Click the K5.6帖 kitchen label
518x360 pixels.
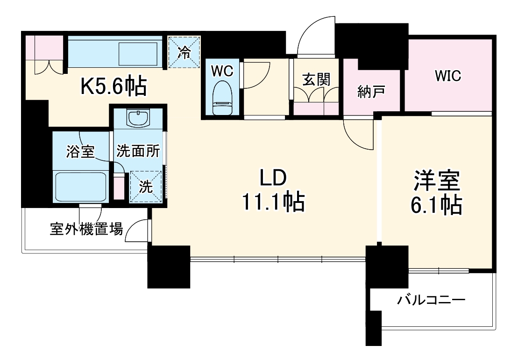pos(114,86)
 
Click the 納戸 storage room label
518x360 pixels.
pos(371,91)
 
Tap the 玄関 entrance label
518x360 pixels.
pos(315,79)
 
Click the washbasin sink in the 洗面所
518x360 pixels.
pos(138,119)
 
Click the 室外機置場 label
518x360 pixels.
pos(86,230)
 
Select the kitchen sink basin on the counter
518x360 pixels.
pos(139,54)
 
